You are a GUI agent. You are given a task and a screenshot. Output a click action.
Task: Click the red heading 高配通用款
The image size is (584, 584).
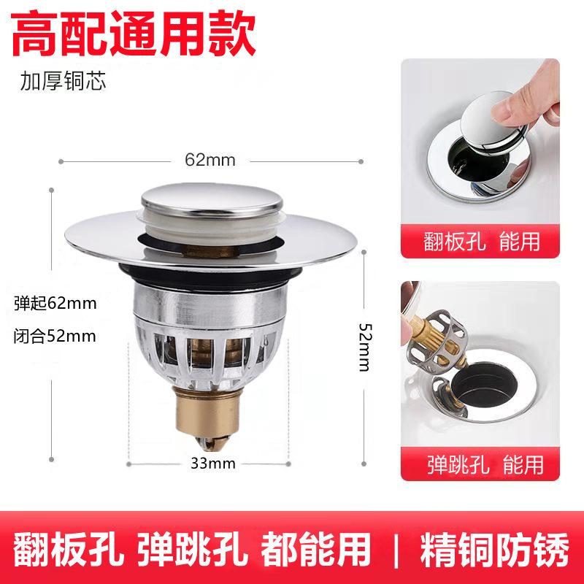point(134,33)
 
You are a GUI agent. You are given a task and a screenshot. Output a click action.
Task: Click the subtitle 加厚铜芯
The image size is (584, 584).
point(63,81)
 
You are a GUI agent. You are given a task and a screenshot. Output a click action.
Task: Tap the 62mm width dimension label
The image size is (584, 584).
point(210,161)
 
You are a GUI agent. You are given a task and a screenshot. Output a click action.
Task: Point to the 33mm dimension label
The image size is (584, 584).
point(213,464)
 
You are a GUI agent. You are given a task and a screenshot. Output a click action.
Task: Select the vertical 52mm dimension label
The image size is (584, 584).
point(365,347)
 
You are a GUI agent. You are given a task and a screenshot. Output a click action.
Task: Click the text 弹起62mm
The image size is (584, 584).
point(55,303)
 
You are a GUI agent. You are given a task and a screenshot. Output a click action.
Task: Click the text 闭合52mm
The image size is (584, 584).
point(55,336)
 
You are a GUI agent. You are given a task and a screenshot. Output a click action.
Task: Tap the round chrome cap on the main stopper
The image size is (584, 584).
point(212,200)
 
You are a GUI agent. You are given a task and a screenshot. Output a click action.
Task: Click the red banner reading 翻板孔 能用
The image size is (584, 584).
point(480,241)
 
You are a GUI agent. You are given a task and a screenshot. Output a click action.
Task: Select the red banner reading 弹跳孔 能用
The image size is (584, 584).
point(480,464)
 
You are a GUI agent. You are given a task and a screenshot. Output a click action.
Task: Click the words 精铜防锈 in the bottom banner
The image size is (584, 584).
point(495,550)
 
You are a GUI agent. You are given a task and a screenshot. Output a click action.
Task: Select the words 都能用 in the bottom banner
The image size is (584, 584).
point(316,550)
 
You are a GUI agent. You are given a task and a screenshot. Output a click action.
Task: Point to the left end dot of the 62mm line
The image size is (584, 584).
point(61,161)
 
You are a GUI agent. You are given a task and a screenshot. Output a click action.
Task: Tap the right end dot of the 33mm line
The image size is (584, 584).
point(288,464)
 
